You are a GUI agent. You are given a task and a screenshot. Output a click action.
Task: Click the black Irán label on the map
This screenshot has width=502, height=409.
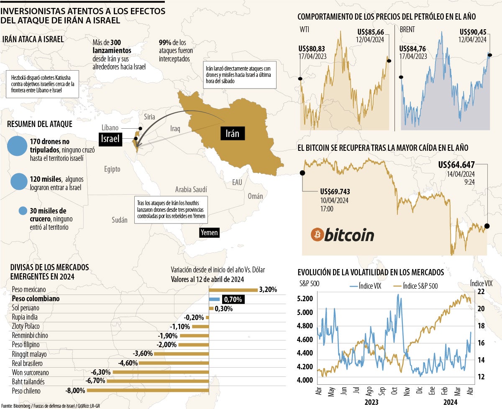point(233,134)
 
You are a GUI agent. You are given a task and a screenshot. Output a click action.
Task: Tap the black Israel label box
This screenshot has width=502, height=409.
point(110,139)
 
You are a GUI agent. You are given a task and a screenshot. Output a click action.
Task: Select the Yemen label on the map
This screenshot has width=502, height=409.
point(209,232)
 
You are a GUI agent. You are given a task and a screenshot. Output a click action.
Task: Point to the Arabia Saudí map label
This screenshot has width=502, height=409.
point(191,189)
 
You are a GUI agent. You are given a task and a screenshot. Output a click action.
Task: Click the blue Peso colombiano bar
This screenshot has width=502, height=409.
point(214,299)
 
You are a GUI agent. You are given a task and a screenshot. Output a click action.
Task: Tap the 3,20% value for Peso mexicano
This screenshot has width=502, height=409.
point(268,290)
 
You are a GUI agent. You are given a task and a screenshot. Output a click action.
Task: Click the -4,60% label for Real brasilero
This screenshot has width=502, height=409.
point(128,363)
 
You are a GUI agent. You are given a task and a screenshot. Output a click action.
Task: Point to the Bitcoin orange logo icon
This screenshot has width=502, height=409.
point(317,235)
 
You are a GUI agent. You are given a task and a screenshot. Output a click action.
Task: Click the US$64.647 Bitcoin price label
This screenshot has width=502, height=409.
point(456,165)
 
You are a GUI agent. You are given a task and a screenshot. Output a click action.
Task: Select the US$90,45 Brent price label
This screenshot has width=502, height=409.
point(473,32)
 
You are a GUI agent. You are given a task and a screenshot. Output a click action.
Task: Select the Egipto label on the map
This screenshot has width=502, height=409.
point(112,169)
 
